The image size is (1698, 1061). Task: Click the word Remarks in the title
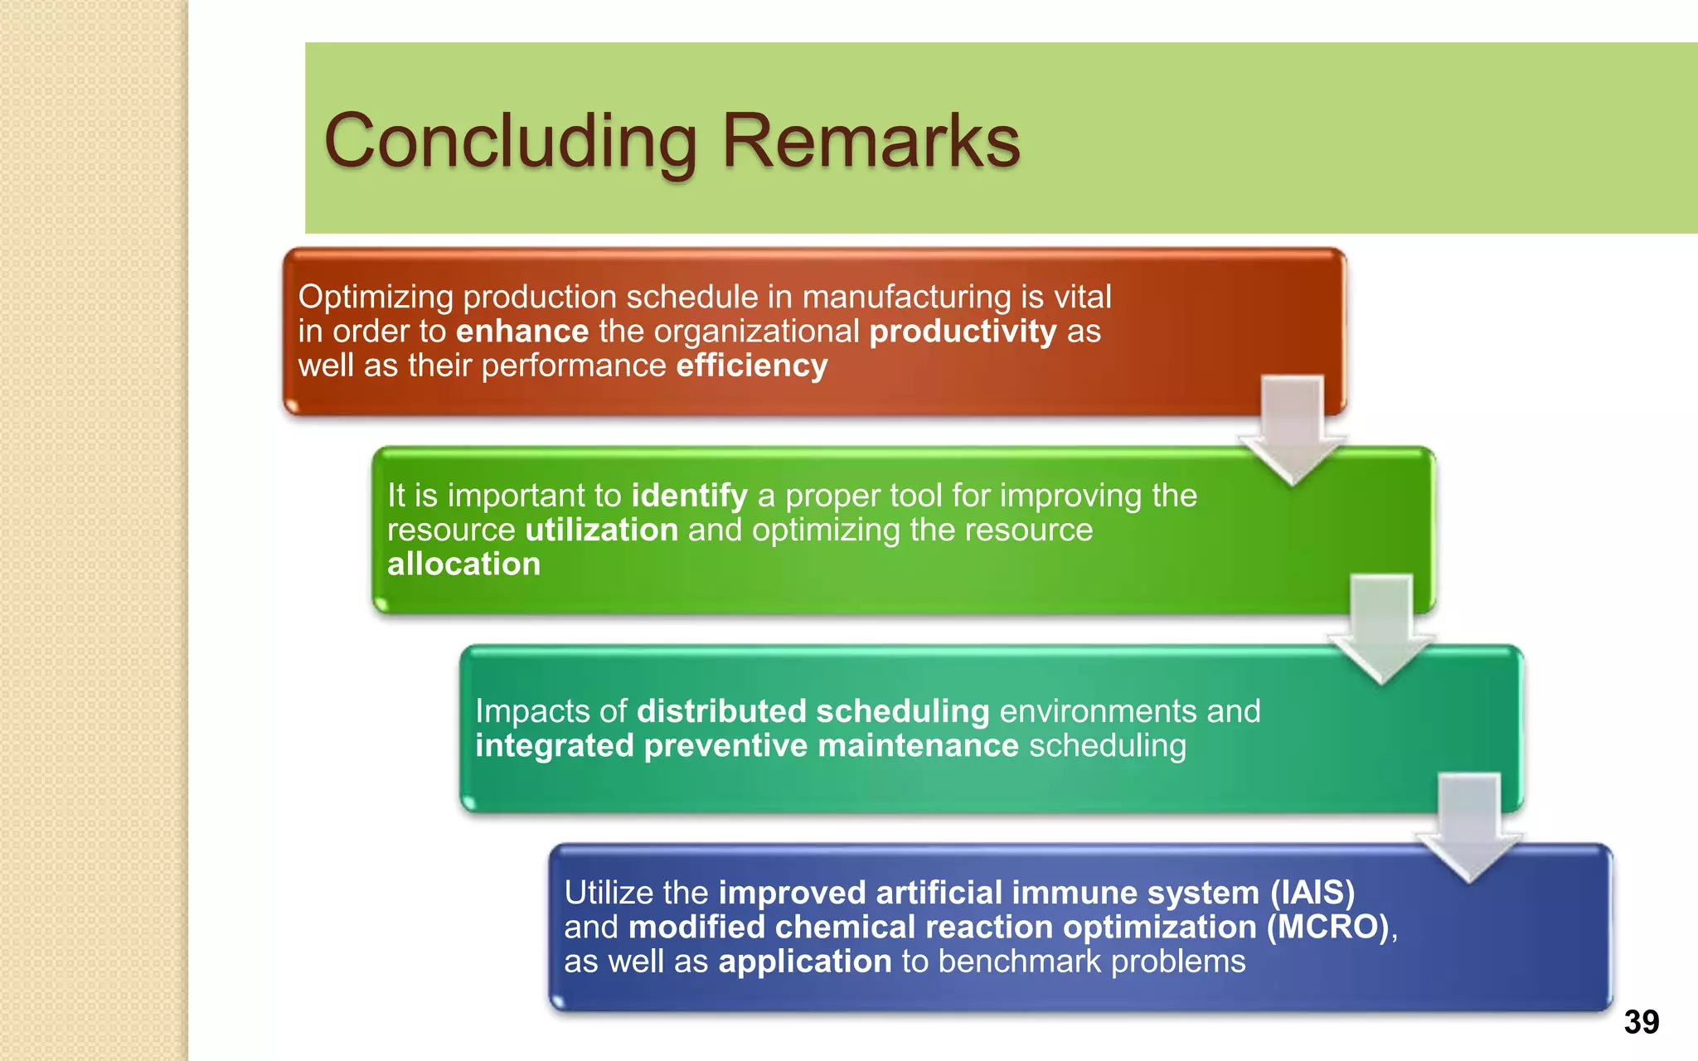[x=871, y=141]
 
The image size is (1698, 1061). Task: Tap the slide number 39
[x=1641, y=1022]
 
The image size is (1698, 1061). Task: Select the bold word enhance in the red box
[x=522, y=332]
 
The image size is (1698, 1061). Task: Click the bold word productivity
[x=963, y=332]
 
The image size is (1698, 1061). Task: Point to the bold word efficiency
[x=751, y=366]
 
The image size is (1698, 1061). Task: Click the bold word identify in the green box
[x=689, y=496]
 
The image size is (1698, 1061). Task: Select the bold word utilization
[x=602, y=530]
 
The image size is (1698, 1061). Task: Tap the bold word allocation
[x=463, y=564]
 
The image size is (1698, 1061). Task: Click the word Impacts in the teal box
[x=532, y=711]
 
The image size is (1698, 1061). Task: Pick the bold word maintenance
[x=918, y=745]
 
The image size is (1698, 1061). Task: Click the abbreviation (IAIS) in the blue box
[x=1312, y=893]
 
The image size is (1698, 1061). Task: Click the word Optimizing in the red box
[x=376, y=297]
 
